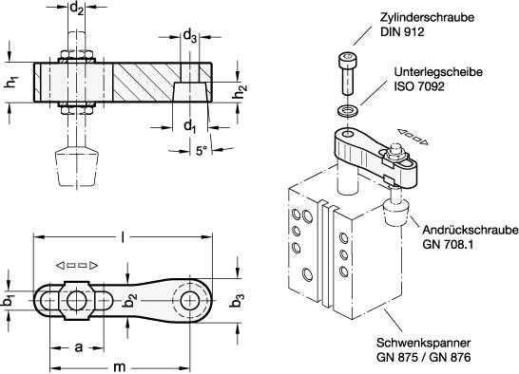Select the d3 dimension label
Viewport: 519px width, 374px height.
pos(190,39)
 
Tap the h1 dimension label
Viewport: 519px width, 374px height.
pos(11,83)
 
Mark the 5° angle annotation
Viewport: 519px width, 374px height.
pos(202,150)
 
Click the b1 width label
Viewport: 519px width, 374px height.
pos(10,300)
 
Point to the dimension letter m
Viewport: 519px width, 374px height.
pos(119,365)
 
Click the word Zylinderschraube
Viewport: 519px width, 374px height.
pos(419,17)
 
